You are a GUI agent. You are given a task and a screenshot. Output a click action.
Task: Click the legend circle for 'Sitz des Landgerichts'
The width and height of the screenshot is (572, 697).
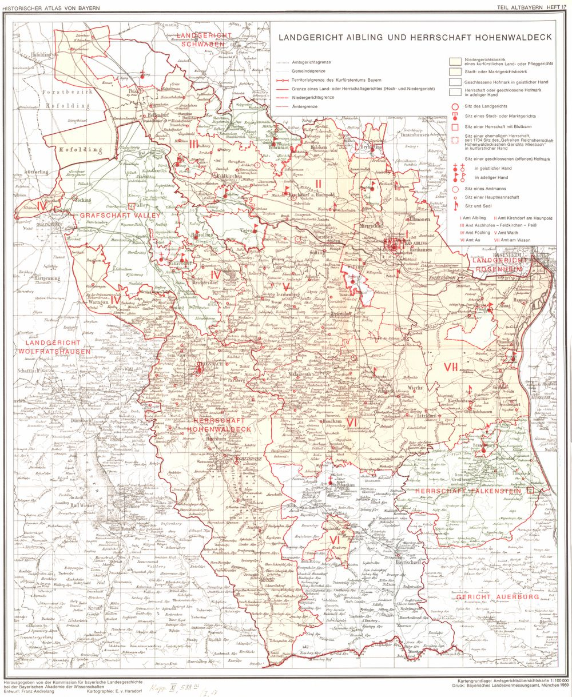pyautogui.click(x=455, y=106)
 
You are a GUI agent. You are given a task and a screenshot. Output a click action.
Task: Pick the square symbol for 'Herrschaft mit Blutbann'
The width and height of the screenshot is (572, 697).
pyautogui.click(x=455, y=126)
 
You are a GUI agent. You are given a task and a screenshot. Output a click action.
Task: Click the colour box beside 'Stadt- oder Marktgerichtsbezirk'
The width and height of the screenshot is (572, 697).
pyautogui.click(x=455, y=71)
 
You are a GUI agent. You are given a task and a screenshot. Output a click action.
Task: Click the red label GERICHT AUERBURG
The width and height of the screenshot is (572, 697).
pyautogui.click(x=497, y=597)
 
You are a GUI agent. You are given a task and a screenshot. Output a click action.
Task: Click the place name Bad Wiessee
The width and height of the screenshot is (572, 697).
pyautogui.click(x=81, y=505)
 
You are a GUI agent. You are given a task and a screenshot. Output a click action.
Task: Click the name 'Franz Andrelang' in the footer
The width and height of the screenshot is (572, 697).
pyautogui.click(x=50, y=692)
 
